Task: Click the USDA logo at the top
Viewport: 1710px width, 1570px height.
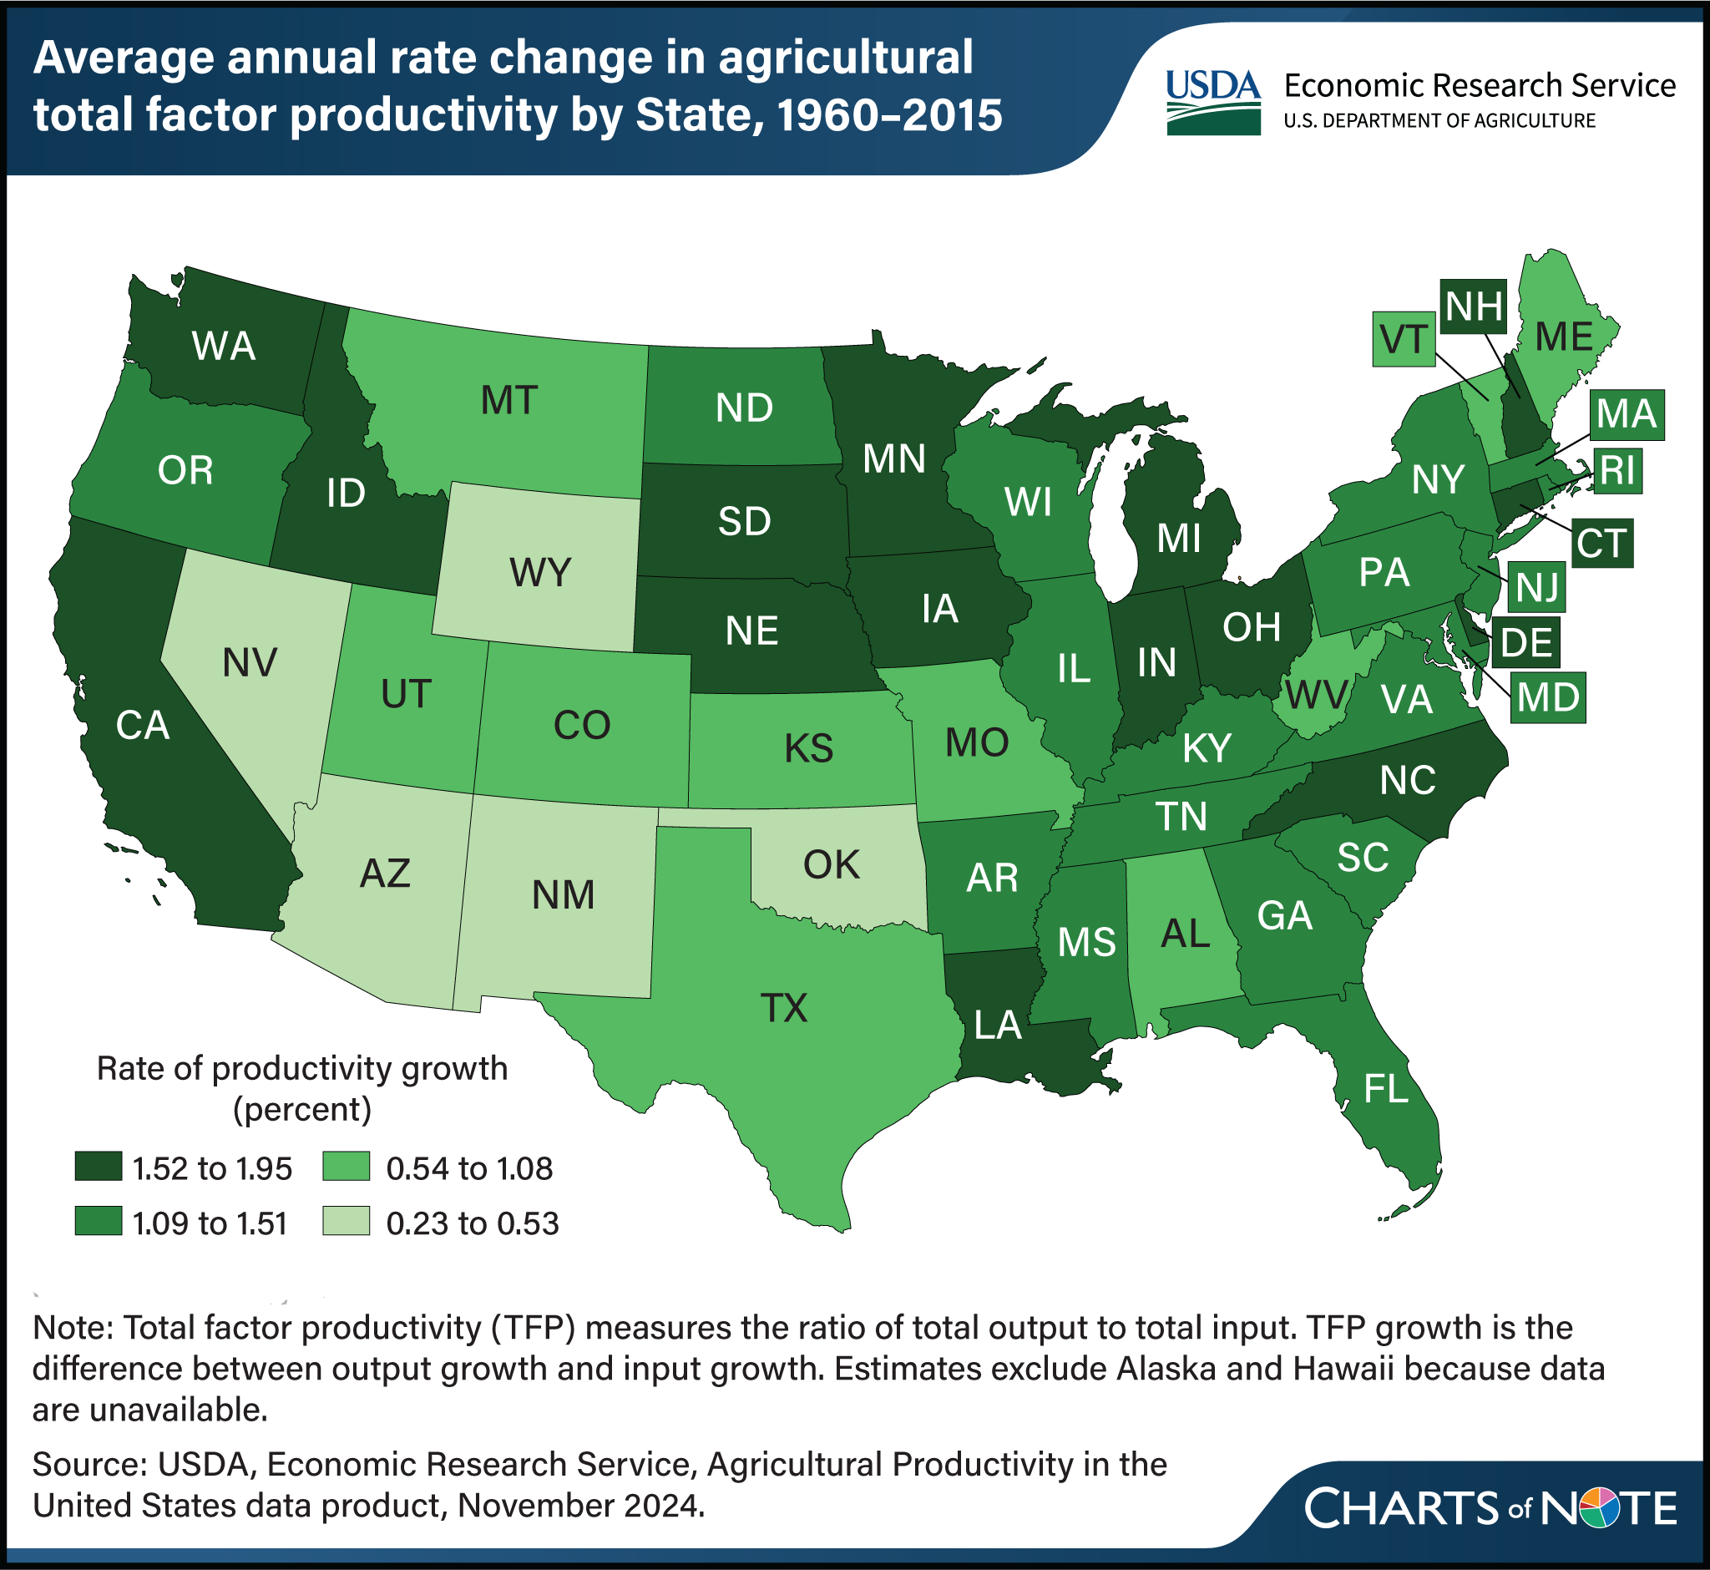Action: click(x=1212, y=102)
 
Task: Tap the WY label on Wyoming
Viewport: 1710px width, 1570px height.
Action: click(x=540, y=573)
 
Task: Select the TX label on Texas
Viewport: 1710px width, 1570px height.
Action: click(x=783, y=1008)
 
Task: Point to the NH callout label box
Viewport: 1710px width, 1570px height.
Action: click(x=1474, y=306)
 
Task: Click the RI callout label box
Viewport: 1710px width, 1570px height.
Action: click(x=1617, y=470)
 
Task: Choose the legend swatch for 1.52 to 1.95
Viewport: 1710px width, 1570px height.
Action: click(x=98, y=1167)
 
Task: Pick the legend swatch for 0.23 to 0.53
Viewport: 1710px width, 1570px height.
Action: click(x=347, y=1221)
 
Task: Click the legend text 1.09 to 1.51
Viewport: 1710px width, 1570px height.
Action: click(x=210, y=1223)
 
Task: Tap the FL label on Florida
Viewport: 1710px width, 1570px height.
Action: click(x=1385, y=1088)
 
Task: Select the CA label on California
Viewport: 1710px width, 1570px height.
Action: click(x=143, y=726)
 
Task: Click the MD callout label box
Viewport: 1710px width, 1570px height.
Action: click(x=1548, y=697)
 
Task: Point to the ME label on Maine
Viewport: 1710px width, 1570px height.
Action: click(x=1564, y=337)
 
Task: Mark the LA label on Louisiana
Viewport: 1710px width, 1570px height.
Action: click(x=997, y=1026)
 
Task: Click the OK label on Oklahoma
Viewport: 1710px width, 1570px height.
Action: click(x=832, y=865)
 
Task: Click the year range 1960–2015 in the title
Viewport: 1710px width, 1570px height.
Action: click(x=889, y=114)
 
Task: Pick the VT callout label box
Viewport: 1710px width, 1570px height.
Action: click(x=1404, y=339)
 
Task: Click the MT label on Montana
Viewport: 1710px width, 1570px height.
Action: click(x=508, y=399)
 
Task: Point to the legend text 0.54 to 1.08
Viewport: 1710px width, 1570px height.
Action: click(x=469, y=1169)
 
